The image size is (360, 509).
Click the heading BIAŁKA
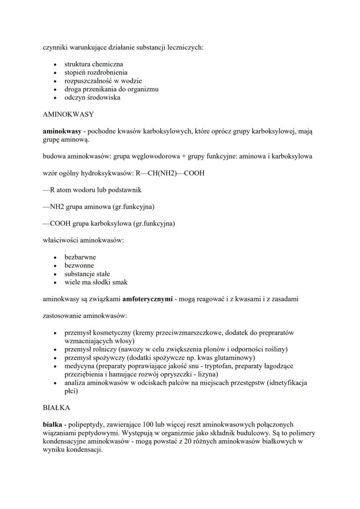click(x=56, y=408)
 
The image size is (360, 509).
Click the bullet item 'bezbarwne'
click(x=80, y=257)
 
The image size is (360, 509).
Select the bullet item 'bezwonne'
click(x=79, y=265)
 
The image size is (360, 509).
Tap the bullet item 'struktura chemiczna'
click(x=93, y=64)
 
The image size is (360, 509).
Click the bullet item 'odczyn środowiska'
click(x=92, y=97)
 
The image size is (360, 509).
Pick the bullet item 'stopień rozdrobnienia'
click(x=96, y=72)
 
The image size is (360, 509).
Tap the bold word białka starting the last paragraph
click(x=52, y=425)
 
